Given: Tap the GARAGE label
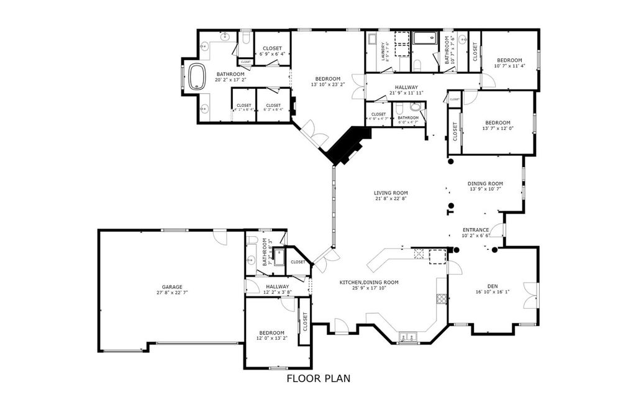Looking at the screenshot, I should point(172,286).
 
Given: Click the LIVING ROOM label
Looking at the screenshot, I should point(391,193).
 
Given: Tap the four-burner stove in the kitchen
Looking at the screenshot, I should point(441,299).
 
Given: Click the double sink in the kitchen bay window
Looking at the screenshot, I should point(407,337).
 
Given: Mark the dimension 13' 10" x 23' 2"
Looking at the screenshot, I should point(327,85).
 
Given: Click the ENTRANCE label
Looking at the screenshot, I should point(475,229).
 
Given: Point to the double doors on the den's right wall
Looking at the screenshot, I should point(529,295).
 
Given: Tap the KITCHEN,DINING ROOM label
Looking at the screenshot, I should point(368,282).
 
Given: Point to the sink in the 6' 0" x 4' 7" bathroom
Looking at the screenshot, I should point(415,107).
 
